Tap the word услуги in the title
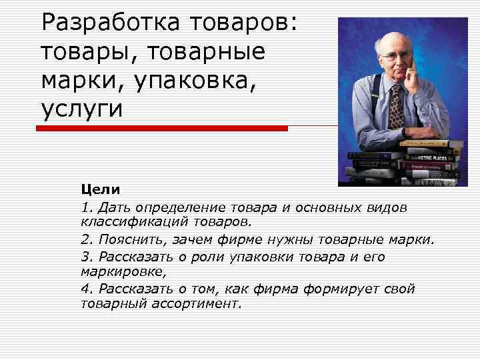coord(82,108)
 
